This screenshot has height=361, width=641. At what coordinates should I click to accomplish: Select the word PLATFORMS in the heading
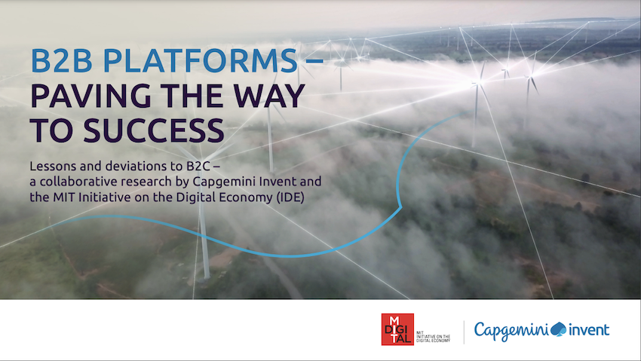[199, 62]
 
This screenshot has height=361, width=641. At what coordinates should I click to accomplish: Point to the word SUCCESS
[149, 131]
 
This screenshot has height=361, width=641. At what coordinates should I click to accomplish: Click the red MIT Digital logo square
[397, 329]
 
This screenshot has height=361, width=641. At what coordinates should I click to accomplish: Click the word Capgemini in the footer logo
[511, 329]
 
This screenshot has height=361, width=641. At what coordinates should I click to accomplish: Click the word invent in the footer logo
[589, 329]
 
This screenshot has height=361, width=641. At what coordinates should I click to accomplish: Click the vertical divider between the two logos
[463, 330]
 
